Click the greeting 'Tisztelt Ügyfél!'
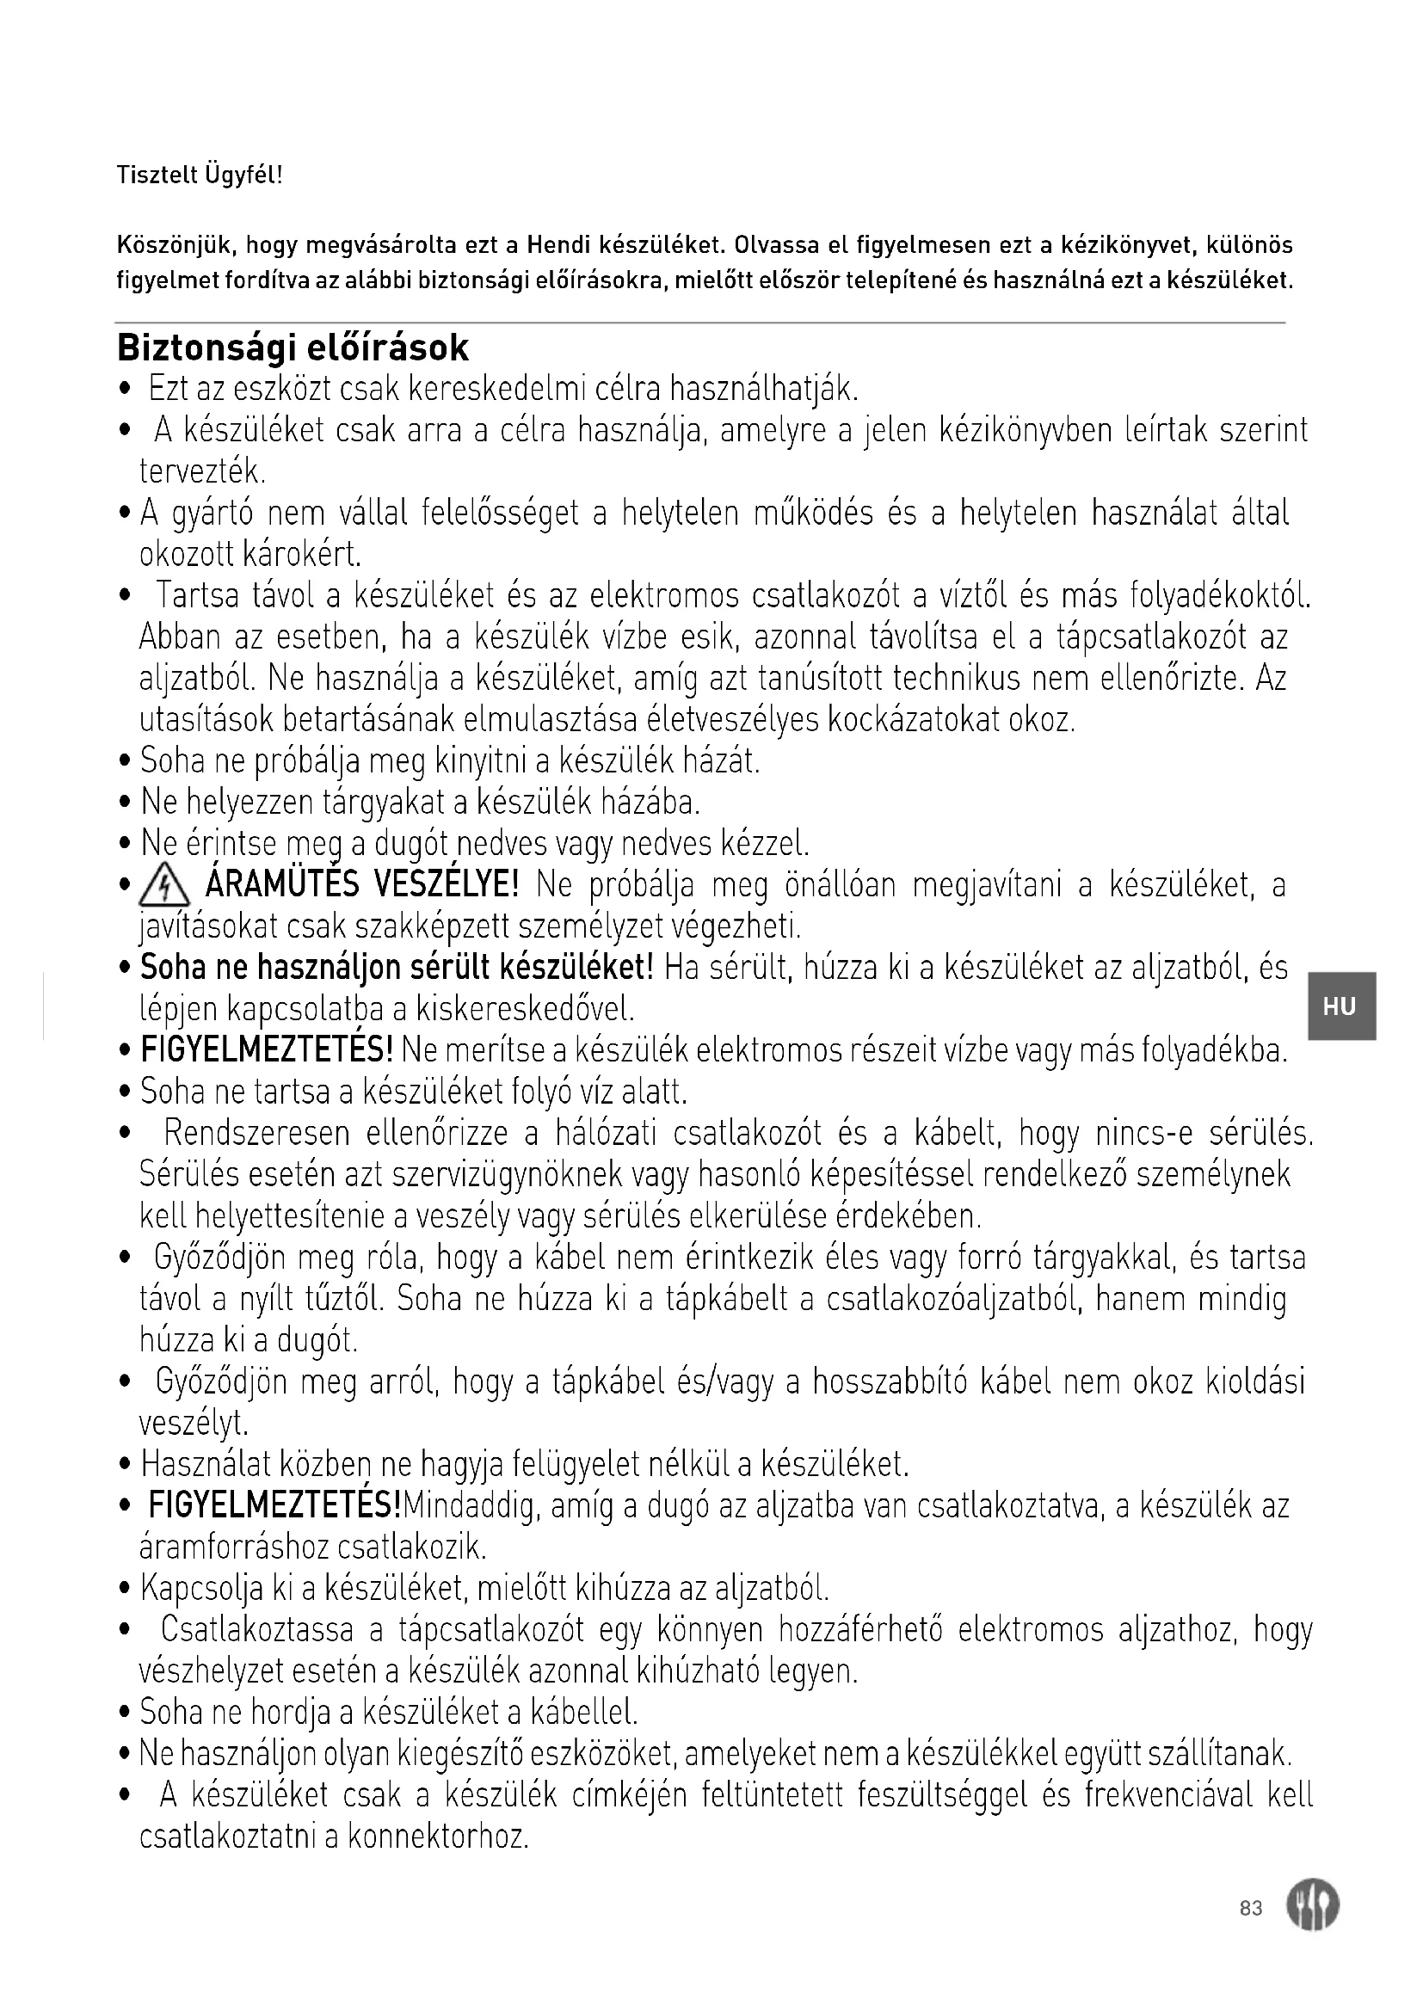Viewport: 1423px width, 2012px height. point(200,175)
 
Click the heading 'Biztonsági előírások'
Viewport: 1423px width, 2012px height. point(293,348)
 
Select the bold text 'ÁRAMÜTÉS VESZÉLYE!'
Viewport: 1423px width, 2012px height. point(362,886)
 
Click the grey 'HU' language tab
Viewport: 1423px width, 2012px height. point(1340,1006)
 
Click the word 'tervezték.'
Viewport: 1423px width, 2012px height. point(202,471)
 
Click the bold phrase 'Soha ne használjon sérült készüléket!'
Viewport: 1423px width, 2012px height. point(397,968)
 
